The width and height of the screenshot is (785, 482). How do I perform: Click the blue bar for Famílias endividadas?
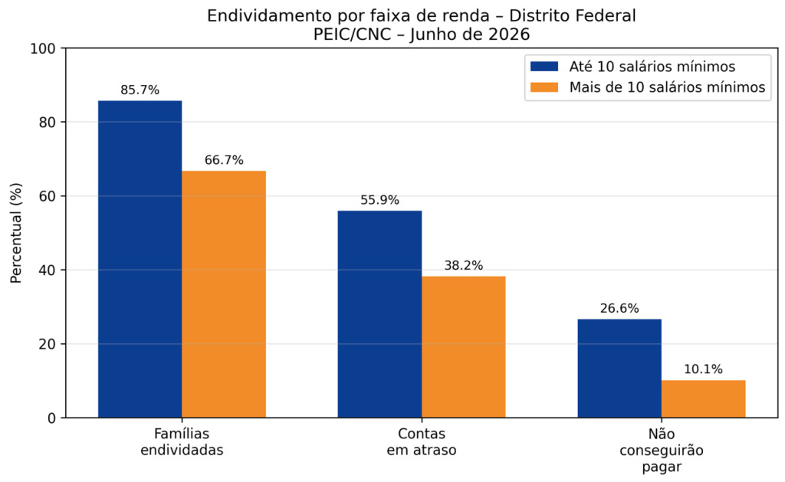pyautogui.click(x=140, y=259)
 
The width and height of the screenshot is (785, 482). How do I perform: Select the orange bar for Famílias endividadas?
pyautogui.click(x=224, y=294)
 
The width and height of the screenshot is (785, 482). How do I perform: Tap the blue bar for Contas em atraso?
pyautogui.click(x=379, y=314)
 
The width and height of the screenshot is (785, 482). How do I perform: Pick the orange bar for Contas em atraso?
pyautogui.click(x=464, y=347)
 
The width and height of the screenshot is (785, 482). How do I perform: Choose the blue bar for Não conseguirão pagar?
pyautogui.click(x=619, y=369)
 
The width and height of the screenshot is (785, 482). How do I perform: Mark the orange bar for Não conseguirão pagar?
pyautogui.click(x=704, y=399)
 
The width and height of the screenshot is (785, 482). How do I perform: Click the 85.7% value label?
pyautogui.click(x=140, y=90)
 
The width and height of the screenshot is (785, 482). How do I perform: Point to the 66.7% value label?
pyautogui.click(x=224, y=160)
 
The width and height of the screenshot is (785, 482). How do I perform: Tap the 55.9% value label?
pyautogui.click(x=379, y=200)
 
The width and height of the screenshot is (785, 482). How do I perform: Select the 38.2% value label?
pyautogui.click(x=464, y=266)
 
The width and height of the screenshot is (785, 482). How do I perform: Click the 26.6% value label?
pyautogui.click(x=619, y=308)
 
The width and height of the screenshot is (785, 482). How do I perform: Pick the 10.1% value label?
pyautogui.click(x=704, y=369)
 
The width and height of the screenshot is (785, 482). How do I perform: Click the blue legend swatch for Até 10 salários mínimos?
pyautogui.click(x=544, y=67)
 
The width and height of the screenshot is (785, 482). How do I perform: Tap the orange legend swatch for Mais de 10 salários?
pyautogui.click(x=544, y=87)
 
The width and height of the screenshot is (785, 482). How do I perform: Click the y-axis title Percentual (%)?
pyautogui.click(x=16, y=233)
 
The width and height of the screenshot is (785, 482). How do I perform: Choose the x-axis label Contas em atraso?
pyautogui.click(x=422, y=441)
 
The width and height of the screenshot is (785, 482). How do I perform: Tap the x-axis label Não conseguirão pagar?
pyautogui.click(x=662, y=450)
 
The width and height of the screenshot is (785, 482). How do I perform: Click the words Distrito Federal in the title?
pyautogui.click(x=572, y=15)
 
